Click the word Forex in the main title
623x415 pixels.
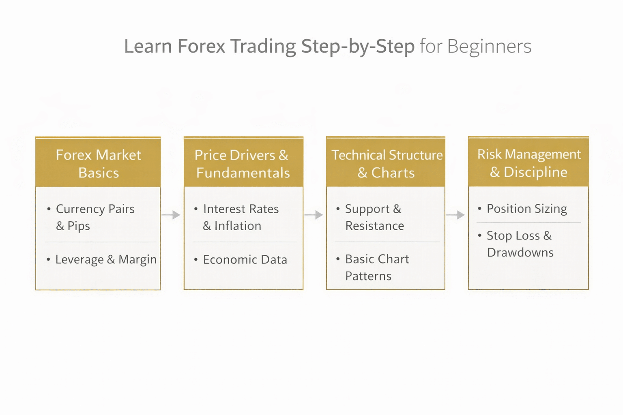coord(201,46)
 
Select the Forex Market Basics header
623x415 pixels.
coord(98,163)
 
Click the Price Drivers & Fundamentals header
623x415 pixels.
coord(243,163)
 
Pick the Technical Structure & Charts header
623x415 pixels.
coord(386,163)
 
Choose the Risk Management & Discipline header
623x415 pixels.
coord(528,163)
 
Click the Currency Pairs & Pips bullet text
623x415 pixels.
coord(95,217)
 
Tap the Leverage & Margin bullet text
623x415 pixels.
coord(105,259)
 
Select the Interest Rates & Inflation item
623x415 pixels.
coord(241,217)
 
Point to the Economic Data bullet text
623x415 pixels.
coord(245,259)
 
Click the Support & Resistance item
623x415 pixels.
coord(374,217)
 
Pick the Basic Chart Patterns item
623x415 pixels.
coord(377,267)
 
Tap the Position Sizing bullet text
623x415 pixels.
coord(527,209)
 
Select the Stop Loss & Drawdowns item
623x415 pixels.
coord(520,244)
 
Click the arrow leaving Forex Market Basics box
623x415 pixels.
coord(171,215)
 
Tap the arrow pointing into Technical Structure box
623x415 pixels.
coord(314,215)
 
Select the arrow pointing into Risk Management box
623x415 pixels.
coord(455,215)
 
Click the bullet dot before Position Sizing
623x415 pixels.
coord(479,209)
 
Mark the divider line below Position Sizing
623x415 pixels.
coord(528,222)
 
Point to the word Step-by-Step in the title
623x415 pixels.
coord(358,46)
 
